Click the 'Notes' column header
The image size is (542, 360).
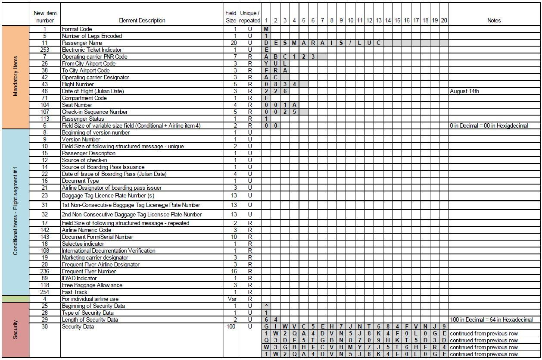pos(494,20)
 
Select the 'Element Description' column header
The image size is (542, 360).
pos(142,20)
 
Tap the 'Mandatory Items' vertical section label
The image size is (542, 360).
pos(16,77)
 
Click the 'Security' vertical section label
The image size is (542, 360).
pos(16,329)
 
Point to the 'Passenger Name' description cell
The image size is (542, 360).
pos(82,43)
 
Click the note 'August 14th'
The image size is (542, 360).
pos(464,91)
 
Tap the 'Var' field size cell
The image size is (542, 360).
pos(231,299)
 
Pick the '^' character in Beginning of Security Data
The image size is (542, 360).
pos(266,306)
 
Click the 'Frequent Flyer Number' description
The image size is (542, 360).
pos(89,271)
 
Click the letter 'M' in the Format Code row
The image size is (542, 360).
pos(266,29)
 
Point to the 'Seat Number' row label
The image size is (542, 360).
pos(77,105)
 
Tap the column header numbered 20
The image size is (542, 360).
pos(444,20)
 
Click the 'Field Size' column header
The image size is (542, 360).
pos(231,17)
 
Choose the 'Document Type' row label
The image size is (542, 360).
pos(80,181)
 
